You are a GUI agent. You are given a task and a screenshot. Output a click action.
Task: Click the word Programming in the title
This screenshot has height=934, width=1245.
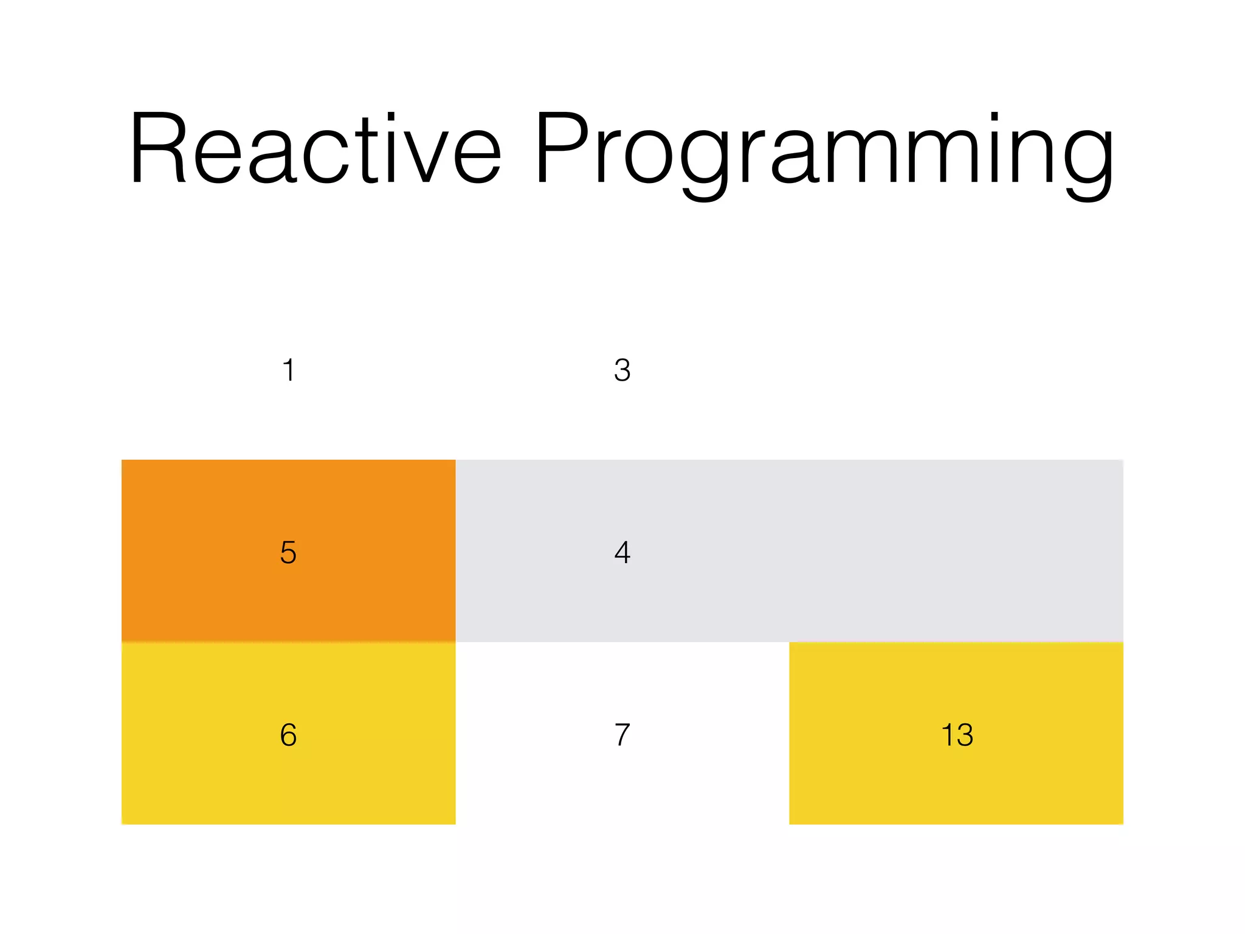tap(824, 152)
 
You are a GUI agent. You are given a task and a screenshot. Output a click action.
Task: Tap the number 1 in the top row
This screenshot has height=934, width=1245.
tap(289, 370)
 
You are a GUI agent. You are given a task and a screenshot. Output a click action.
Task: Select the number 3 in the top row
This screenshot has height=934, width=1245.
tap(622, 370)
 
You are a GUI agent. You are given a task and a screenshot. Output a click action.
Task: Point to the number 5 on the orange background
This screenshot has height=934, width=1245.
tap(288, 552)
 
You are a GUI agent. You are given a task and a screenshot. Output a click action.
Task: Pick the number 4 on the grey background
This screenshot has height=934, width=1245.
tap(622, 552)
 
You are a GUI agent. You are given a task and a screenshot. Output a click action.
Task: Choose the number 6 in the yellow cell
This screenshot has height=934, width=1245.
tap(288, 735)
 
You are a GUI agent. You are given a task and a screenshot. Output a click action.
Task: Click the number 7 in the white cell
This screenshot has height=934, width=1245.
tap(622, 735)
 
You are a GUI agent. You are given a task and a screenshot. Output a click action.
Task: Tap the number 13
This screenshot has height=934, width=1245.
tap(957, 735)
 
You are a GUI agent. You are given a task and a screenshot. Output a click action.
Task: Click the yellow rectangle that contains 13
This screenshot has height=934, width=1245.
tap(957, 784)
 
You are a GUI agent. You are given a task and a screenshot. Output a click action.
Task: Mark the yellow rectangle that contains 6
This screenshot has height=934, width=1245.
tap(288, 784)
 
